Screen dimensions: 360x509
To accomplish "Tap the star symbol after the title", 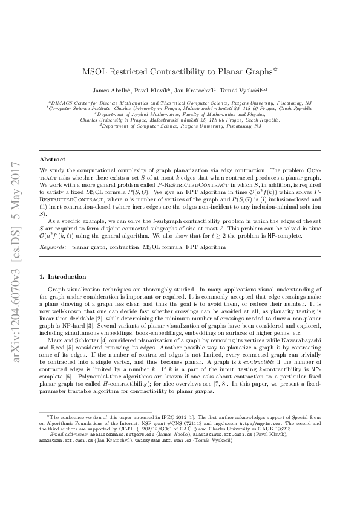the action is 276,69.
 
